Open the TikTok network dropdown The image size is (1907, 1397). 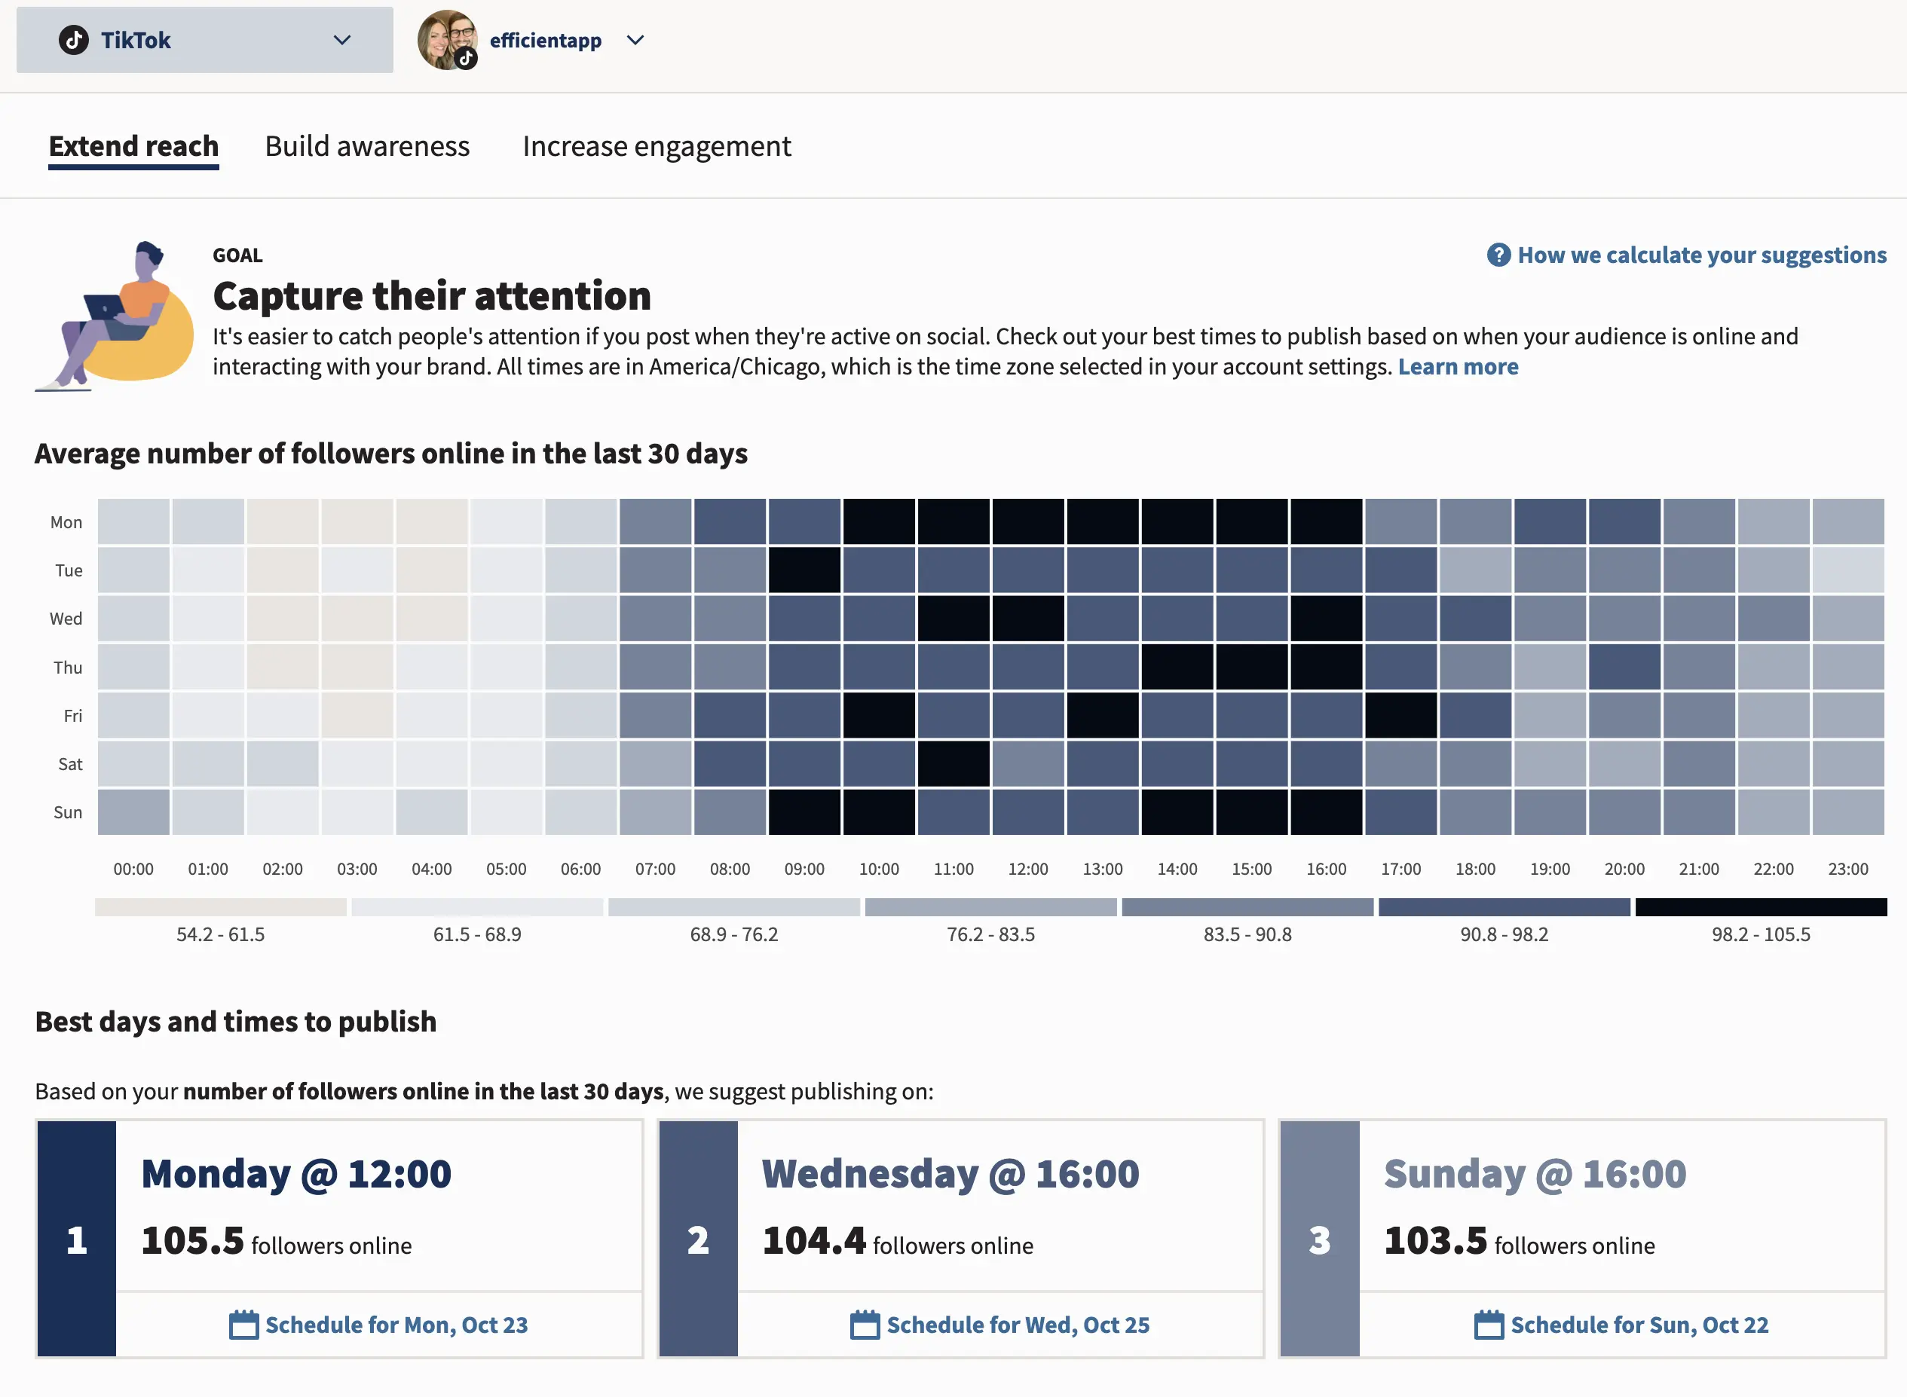(205, 40)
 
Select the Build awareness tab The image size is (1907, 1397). (367, 146)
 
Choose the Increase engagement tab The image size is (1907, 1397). (657, 146)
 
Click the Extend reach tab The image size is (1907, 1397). (133, 146)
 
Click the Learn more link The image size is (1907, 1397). (1458, 366)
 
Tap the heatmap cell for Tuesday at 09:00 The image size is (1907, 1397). (804, 570)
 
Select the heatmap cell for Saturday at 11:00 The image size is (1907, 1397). (953, 763)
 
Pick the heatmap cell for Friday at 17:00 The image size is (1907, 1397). (1400, 715)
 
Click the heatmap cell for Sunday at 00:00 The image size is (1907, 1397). (133, 812)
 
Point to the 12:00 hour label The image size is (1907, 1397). (1027, 869)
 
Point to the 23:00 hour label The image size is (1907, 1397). (1847, 869)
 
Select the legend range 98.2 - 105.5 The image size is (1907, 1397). (1761, 934)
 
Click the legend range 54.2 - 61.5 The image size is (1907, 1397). (220, 934)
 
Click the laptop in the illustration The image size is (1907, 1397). (105, 307)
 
